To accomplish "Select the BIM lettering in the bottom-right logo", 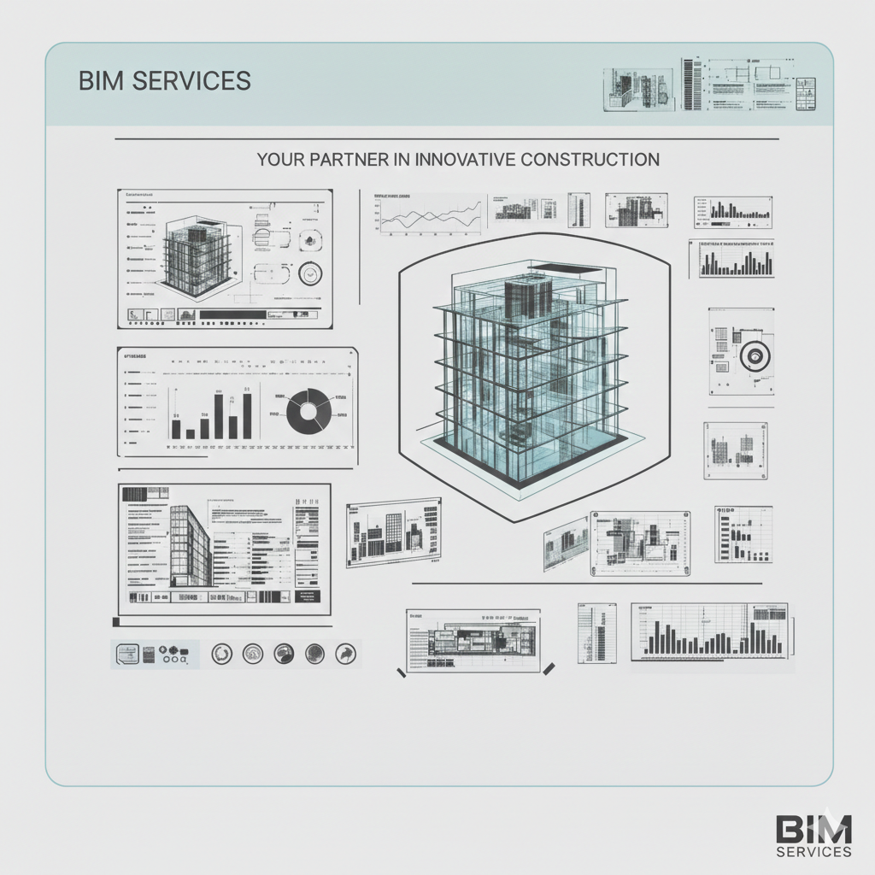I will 813,829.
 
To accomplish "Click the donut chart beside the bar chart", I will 308,409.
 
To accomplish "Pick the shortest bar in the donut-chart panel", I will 191,433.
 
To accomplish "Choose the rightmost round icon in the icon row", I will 345,654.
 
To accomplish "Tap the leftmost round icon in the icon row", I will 222,654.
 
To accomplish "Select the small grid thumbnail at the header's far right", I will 806,93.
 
